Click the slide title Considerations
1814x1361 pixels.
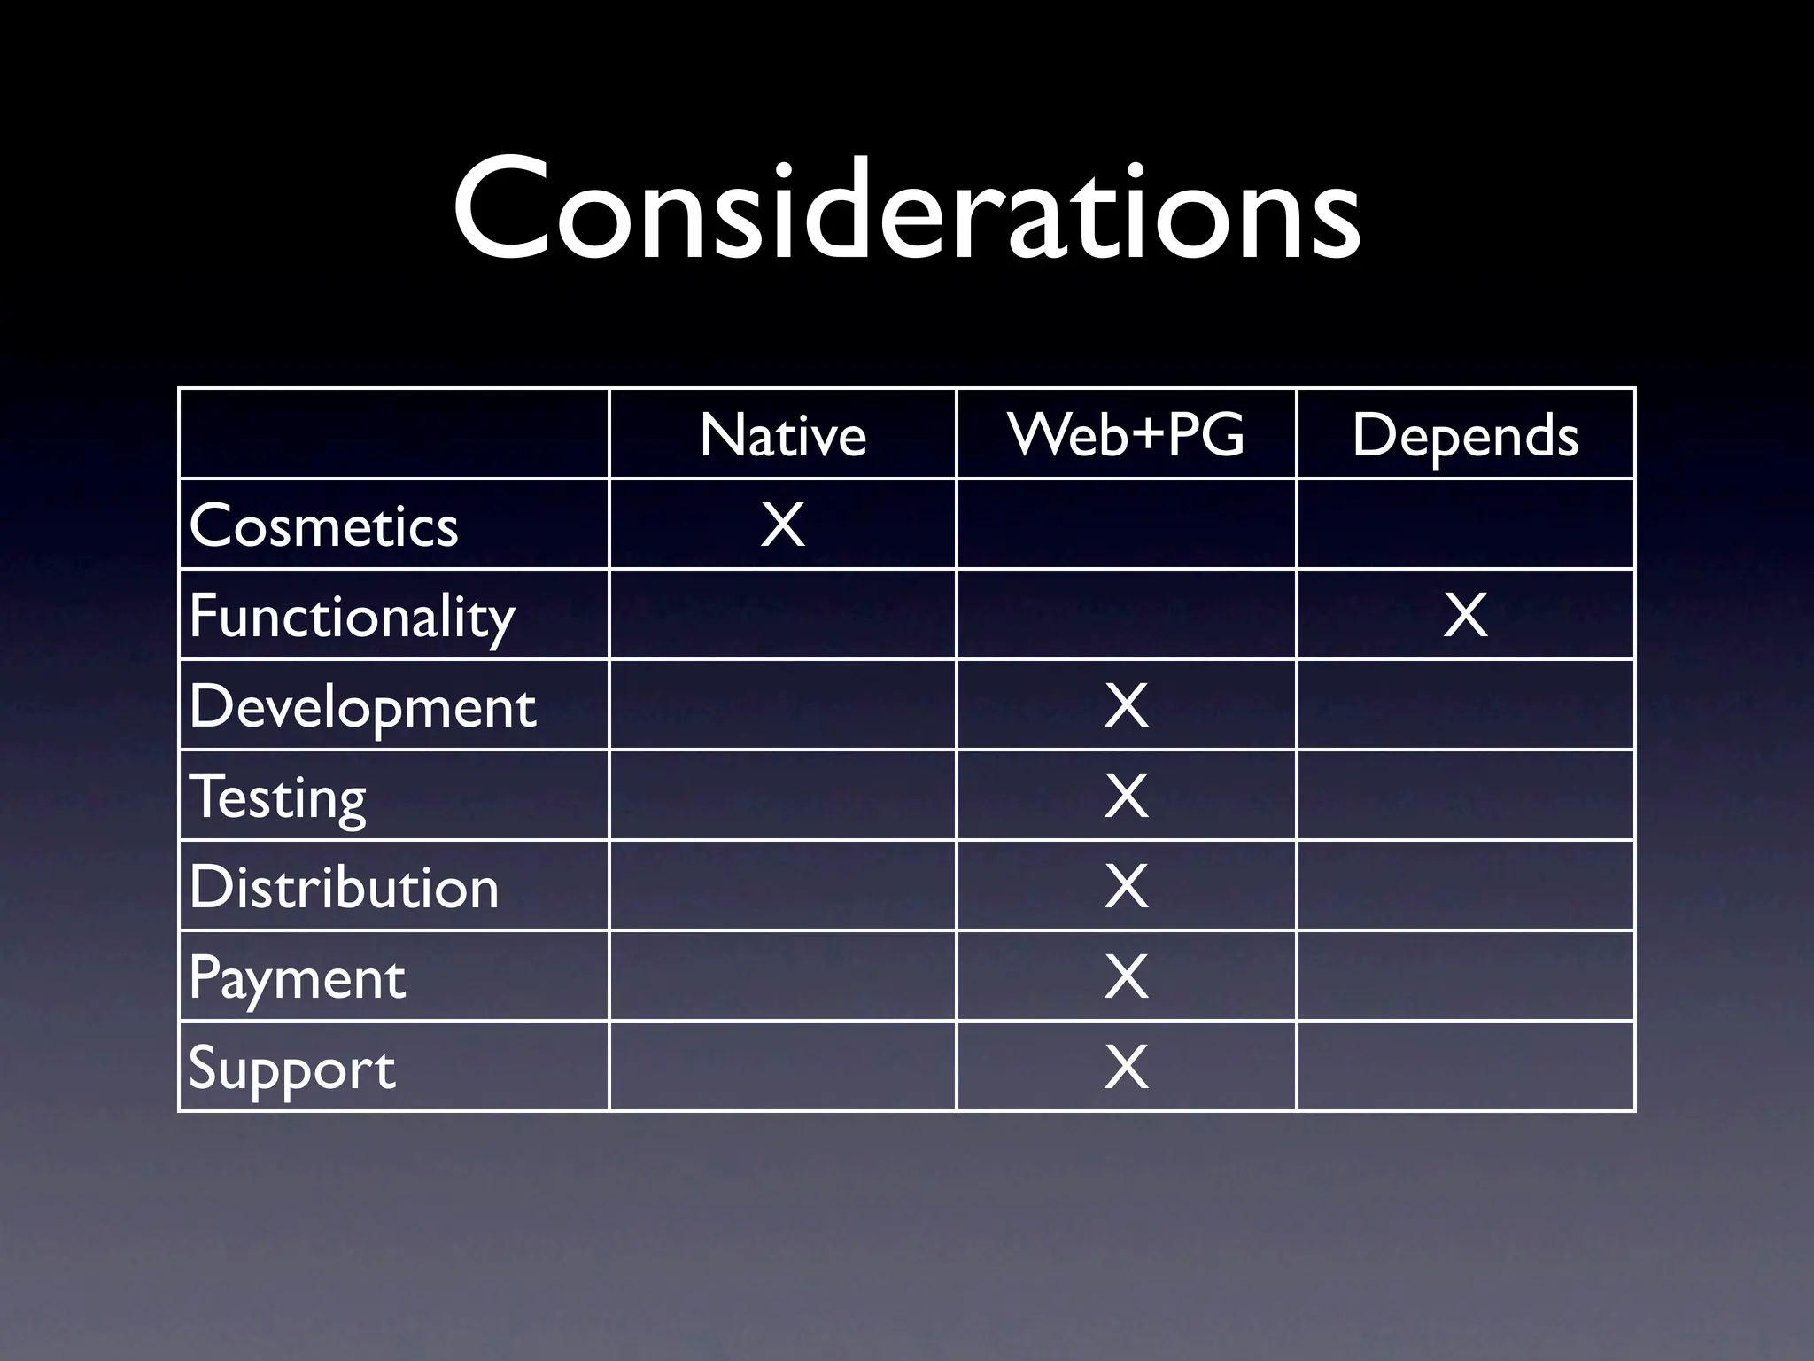point(906,210)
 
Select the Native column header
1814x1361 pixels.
point(783,435)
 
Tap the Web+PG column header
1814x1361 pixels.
point(1126,435)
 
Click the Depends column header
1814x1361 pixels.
point(1465,435)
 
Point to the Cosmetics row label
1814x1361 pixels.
point(323,525)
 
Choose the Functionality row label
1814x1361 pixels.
point(352,616)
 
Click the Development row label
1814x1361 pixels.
point(362,706)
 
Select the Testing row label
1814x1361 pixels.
point(277,797)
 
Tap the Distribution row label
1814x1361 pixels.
point(344,887)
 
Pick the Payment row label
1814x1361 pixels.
point(297,977)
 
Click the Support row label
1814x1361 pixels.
point(291,1068)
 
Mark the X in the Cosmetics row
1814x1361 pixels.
point(783,525)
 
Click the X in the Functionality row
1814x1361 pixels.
point(1465,616)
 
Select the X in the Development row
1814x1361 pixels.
point(1126,706)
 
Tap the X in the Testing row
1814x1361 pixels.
point(1126,797)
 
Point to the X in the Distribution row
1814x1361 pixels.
point(1126,887)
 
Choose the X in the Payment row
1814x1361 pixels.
point(1126,977)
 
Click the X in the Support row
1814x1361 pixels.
point(1126,1068)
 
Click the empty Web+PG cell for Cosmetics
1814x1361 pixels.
point(1126,525)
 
